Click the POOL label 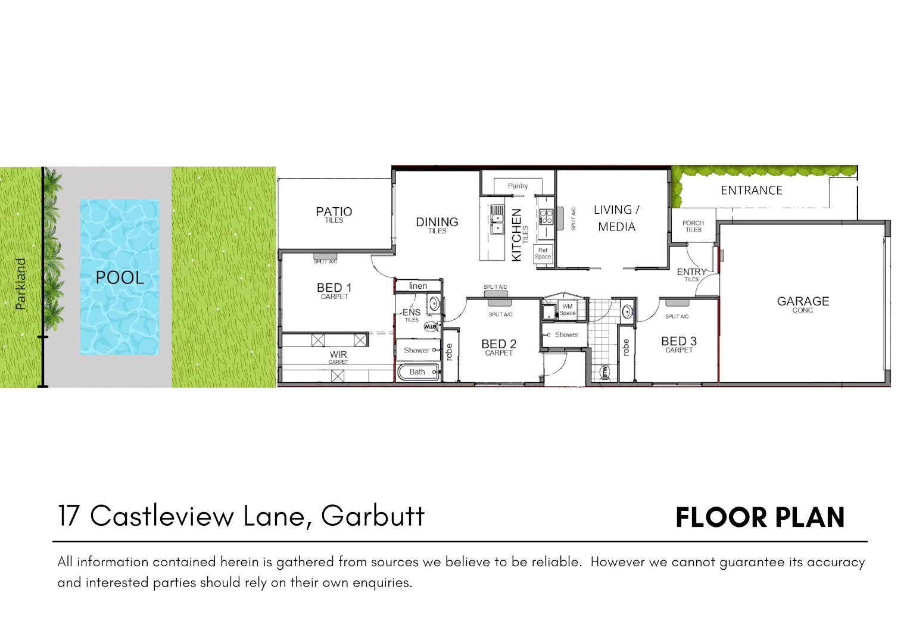(120, 277)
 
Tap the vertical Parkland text (21, 284)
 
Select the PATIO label (334, 212)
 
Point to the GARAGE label (803, 302)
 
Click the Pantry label (518, 186)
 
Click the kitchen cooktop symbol (546, 216)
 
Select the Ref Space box (543, 254)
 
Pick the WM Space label (567, 310)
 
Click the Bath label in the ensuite (417, 372)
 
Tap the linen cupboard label (418, 286)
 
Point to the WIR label (338, 355)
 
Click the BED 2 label (498, 344)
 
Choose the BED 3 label (678, 341)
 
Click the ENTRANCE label (752, 191)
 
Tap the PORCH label (693, 223)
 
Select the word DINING (437, 222)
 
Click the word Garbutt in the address (373, 516)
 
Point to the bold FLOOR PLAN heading (760, 517)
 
